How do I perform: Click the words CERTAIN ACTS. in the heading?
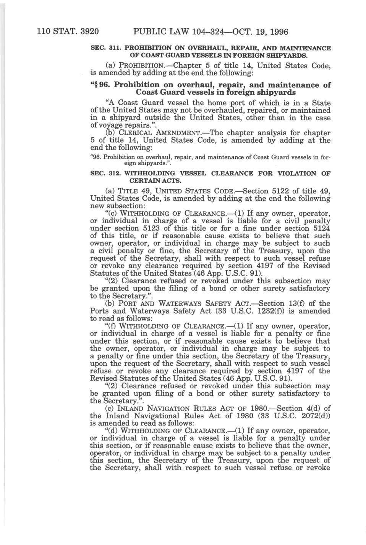155,180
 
